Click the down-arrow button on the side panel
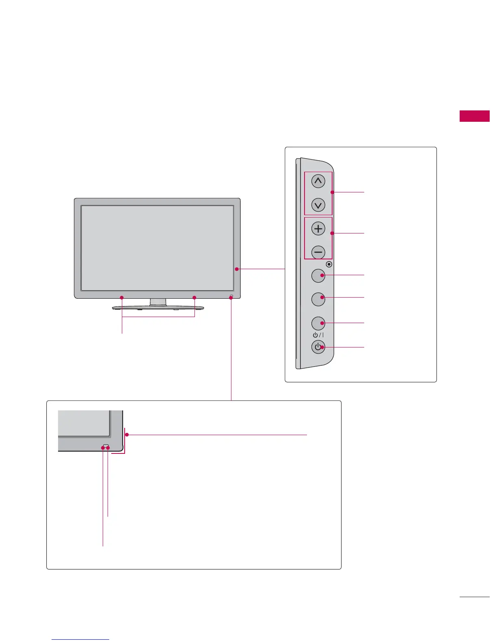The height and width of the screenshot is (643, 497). click(x=318, y=205)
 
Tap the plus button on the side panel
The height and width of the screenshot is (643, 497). click(x=318, y=229)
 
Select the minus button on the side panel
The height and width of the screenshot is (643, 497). click(x=318, y=252)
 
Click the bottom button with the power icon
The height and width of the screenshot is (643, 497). click(x=318, y=347)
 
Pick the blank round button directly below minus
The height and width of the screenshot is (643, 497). click(x=318, y=276)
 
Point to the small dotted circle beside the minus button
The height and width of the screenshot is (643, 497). click(x=329, y=264)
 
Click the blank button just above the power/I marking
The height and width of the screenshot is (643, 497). click(x=318, y=323)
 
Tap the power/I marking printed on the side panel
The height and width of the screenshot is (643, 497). click(x=318, y=335)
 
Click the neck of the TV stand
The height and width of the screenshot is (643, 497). click(x=158, y=302)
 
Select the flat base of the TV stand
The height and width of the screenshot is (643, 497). click(x=158, y=309)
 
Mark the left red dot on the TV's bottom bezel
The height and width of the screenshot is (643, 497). click(x=122, y=298)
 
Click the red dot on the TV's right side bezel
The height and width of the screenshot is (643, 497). click(x=236, y=269)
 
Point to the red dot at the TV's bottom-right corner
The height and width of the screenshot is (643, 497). click(x=231, y=298)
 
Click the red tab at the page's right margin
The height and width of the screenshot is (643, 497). click(x=474, y=116)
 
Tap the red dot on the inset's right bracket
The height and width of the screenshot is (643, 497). click(x=127, y=435)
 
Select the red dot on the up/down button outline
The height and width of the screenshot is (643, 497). click(x=332, y=192)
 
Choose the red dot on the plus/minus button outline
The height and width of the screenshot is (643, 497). click(x=332, y=233)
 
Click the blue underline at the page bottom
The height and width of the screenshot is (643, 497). click(x=81, y=639)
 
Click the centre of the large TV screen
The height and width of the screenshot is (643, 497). click(x=157, y=248)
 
